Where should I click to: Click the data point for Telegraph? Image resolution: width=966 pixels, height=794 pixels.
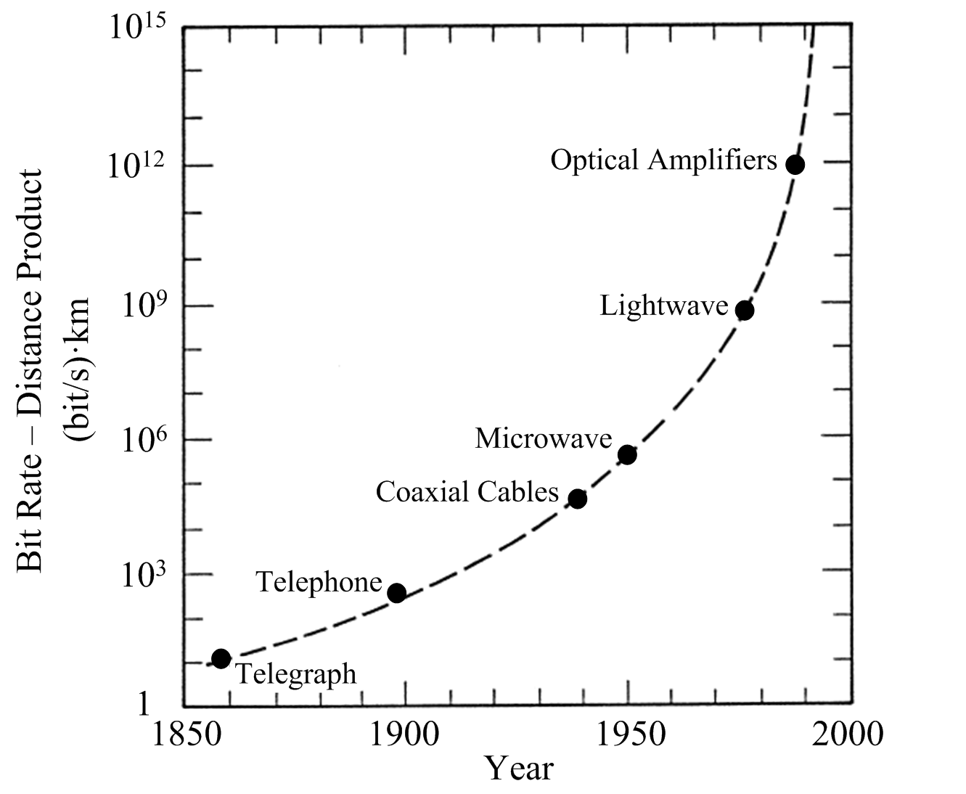pyautogui.click(x=221, y=658)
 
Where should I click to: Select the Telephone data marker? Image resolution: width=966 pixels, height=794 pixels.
pyautogui.click(x=396, y=593)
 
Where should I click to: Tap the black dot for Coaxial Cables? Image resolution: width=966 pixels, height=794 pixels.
pyautogui.click(x=577, y=499)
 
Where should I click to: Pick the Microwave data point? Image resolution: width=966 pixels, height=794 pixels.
pyautogui.click(x=627, y=455)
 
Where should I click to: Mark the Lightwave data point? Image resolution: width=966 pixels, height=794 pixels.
pyautogui.click(x=744, y=311)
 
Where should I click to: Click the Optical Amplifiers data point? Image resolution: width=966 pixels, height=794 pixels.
pyautogui.click(x=795, y=164)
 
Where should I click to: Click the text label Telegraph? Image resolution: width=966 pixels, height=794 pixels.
pyautogui.click(x=298, y=674)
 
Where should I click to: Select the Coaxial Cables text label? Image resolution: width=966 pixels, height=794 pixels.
pyautogui.click(x=467, y=493)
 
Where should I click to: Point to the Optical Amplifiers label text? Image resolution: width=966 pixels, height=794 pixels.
pyautogui.click(x=663, y=160)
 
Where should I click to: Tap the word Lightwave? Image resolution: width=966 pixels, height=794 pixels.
pyautogui.click(x=663, y=306)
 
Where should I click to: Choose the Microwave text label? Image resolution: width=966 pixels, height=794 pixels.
pyautogui.click(x=544, y=438)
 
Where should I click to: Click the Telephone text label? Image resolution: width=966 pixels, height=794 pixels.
pyautogui.click(x=319, y=582)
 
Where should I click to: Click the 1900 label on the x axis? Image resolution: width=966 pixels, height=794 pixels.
pyautogui.click(x=404, y=734)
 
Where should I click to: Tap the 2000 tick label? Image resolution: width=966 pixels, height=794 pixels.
pyautogui.click(x=848, y=734)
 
